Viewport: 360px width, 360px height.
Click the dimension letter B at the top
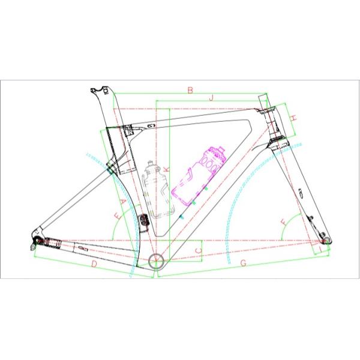tap(190, 91)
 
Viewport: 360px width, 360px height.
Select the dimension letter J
tap(211, 97)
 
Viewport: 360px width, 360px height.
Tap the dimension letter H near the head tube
tap(294, 118)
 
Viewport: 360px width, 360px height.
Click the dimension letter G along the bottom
tap(243, 263)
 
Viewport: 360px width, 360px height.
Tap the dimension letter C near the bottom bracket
tap(199, 251)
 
